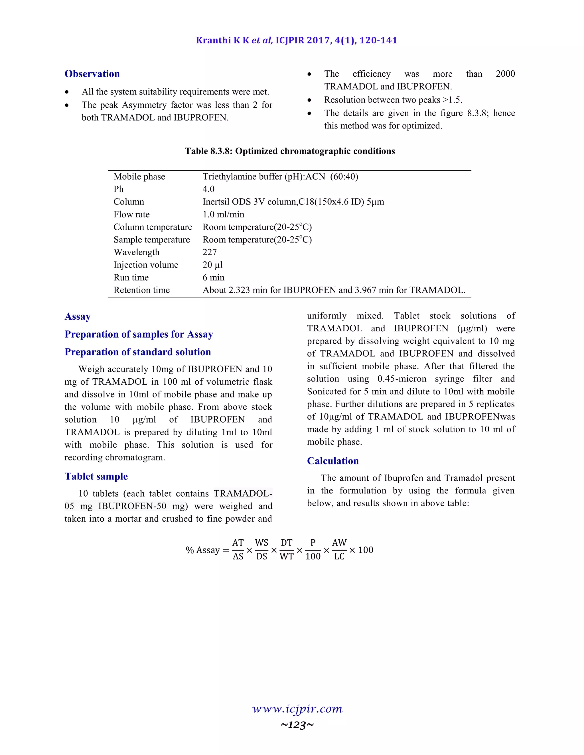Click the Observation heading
92,74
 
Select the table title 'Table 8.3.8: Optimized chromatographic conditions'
290,151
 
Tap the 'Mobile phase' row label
139,177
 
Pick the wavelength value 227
210,252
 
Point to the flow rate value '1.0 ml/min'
223,214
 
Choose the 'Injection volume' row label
146,265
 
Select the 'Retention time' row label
141,290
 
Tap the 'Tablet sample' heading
96,476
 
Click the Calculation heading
332,461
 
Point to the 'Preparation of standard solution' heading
137,352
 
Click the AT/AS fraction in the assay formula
238,550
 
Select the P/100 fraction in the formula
313,550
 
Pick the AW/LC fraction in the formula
339,550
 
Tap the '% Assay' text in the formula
203,550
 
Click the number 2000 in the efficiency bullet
505,74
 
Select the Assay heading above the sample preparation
78,317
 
